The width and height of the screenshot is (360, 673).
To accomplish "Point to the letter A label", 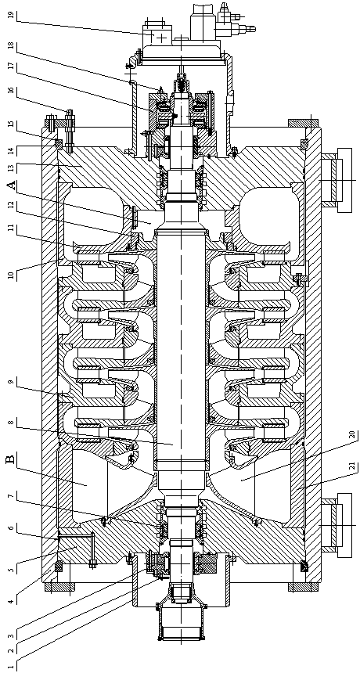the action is (12, 185).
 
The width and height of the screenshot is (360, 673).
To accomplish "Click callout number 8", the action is (12, 423).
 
